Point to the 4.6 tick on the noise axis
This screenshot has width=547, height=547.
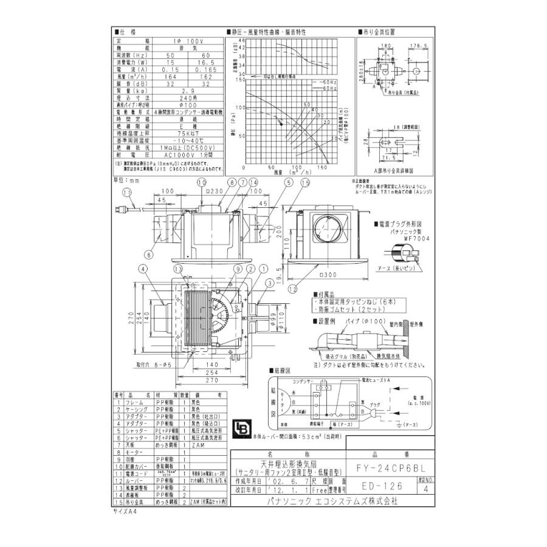[x=241, y=41]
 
